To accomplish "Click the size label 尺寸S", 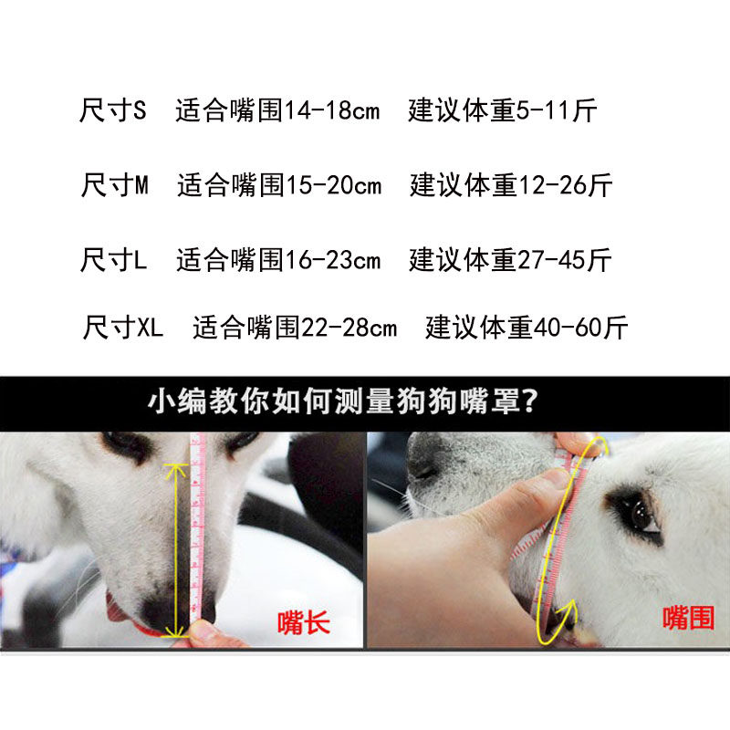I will click(x=113, y=112).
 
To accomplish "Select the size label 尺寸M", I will click(x=115, y=186).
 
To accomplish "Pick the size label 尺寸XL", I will click(x=123, y=328).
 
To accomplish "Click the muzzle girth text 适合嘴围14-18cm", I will click(x=277, y=112).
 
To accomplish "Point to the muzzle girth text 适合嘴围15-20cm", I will click(x=280, y=186).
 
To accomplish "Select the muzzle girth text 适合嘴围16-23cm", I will click(x=278, y=260).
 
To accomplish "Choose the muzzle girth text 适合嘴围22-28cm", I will click(x=295, y=328).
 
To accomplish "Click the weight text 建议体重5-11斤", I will click(x=503, y=112).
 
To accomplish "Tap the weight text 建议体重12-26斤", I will click(x=511, y=186).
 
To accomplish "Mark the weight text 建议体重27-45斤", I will click(x=510, y=260).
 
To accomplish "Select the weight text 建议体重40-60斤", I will click(x=527, y=328).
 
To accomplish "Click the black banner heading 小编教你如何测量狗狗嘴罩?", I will click(x=342, y=402).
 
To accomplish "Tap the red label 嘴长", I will click(x=303, y=623).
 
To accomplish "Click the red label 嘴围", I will click(x=687, y=618).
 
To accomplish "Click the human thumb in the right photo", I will click(x=529, y=493).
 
